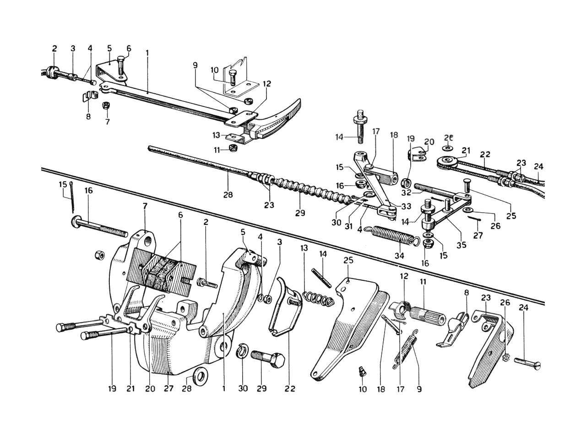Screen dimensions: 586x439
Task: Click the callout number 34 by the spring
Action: pos(399,256)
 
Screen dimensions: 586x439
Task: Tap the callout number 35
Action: pos(461,245)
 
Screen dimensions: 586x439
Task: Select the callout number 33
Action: pos(407,206)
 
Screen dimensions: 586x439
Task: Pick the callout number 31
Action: pos(349,226)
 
